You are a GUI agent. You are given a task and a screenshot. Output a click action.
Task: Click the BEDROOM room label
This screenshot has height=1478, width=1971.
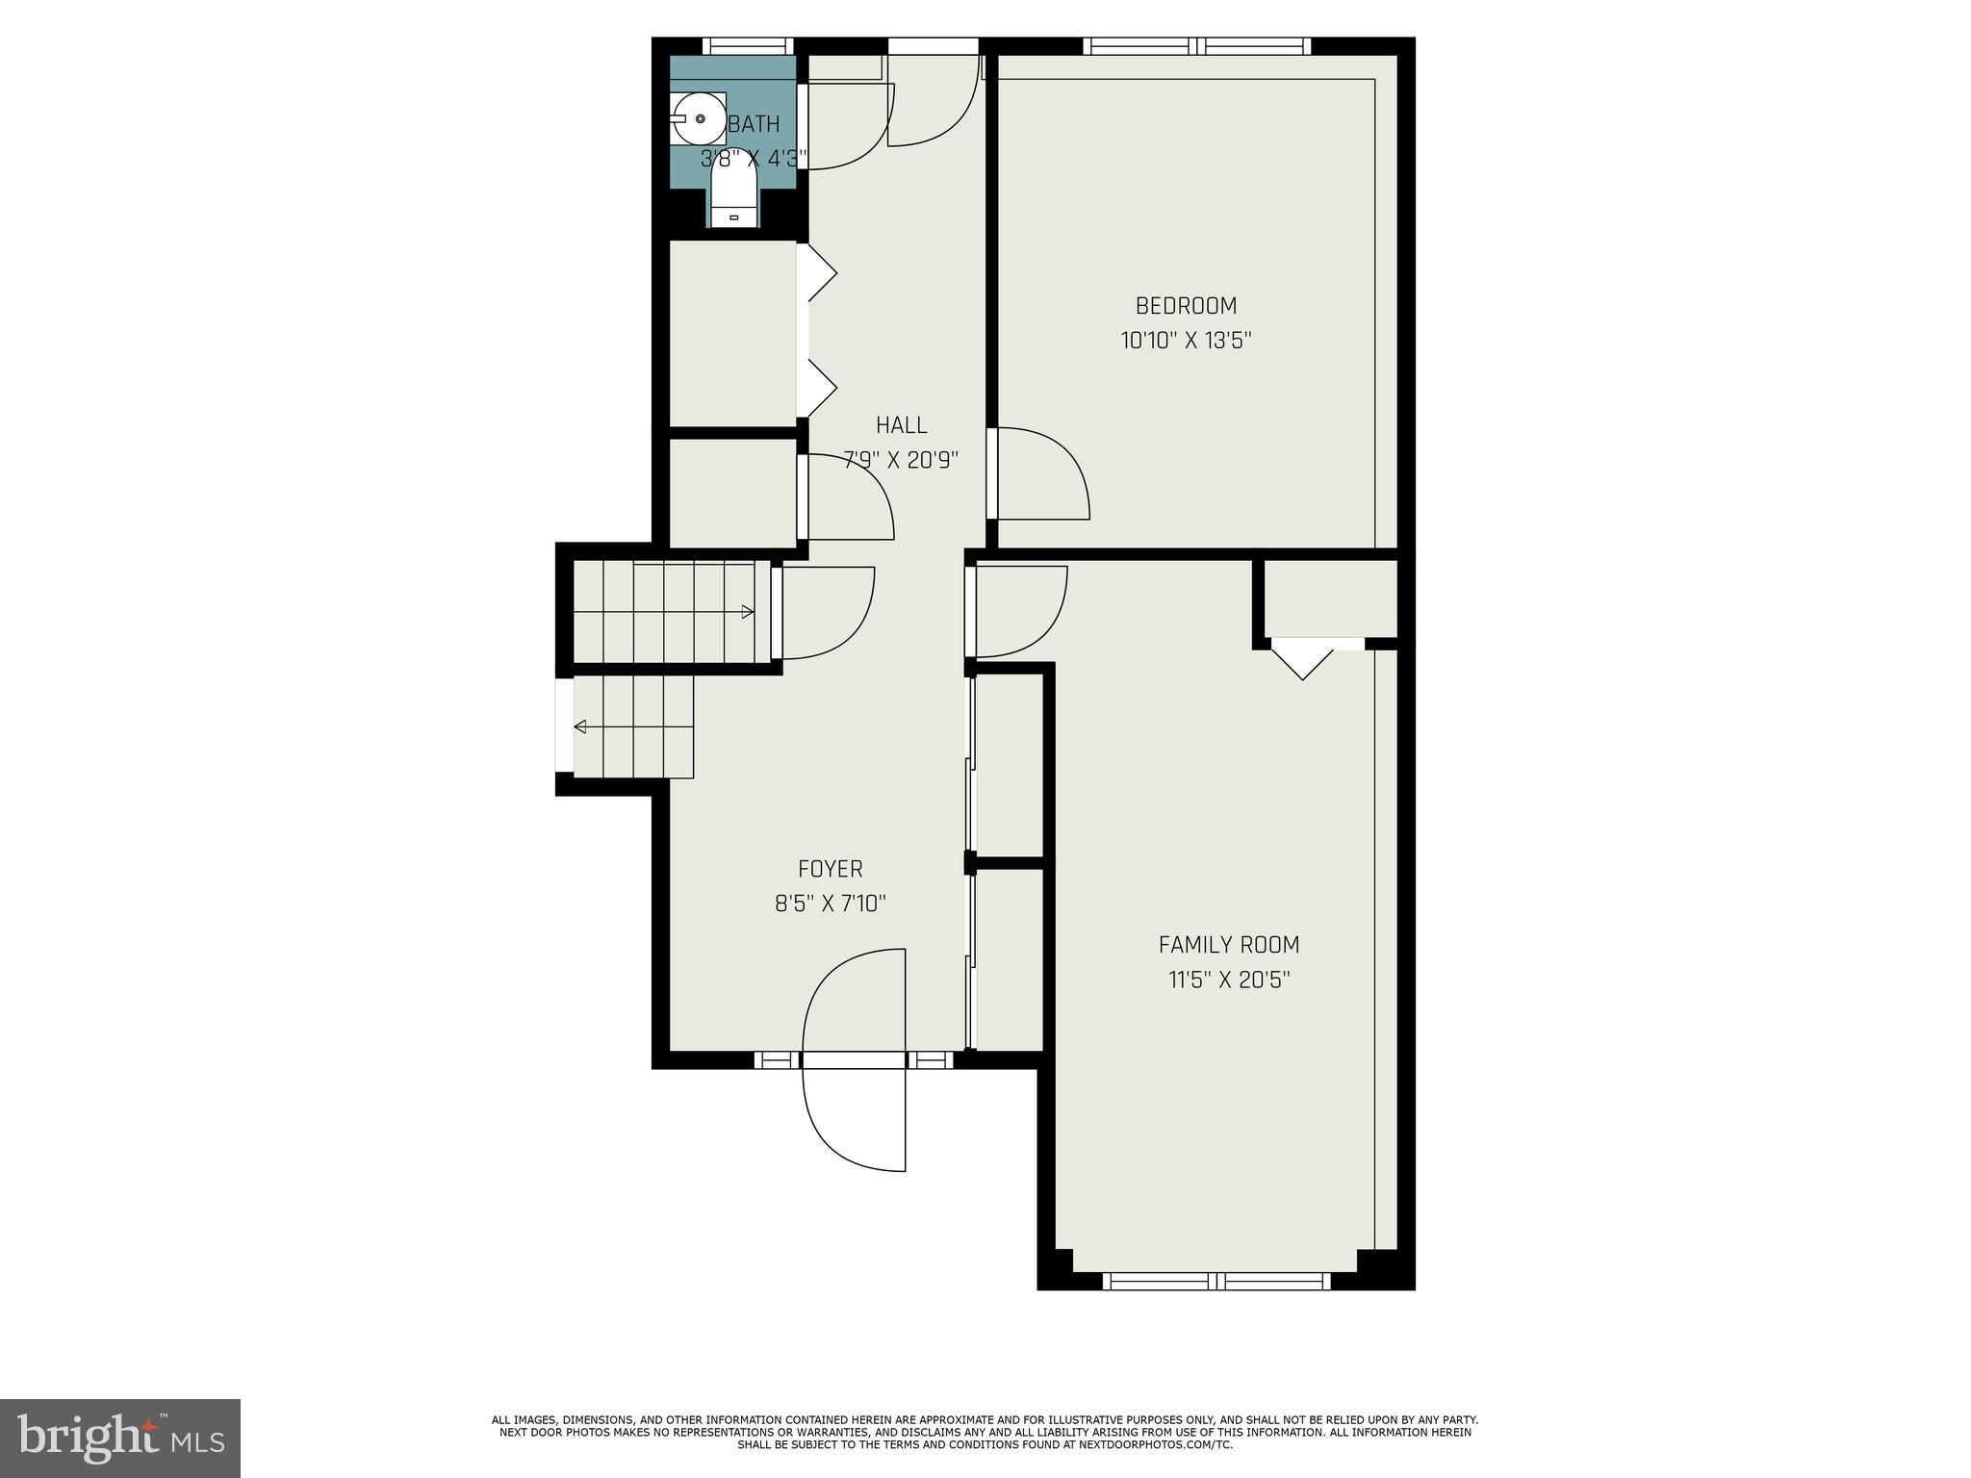(x=1186, y=306)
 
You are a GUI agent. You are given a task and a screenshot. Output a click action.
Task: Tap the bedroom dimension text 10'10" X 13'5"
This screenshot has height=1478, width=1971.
(x=1186, y=341)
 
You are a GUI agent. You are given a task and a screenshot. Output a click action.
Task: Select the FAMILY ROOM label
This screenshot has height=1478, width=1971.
(x=1228, y=945)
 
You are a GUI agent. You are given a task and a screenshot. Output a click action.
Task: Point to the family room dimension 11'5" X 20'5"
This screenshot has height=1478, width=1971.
(x=1228, y=981)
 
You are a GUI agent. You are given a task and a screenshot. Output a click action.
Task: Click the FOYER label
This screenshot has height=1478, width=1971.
(x=830, y=869)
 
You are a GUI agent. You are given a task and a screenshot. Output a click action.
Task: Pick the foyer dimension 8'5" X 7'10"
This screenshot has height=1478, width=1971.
(x=830, y=904)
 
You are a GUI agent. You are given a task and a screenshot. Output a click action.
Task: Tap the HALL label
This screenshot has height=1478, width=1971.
(x=901, y=425)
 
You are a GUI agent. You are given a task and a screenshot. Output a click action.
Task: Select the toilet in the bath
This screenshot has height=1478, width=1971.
(x=733, y=192)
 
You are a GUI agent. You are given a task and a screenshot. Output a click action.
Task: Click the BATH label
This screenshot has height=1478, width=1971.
(x=754, y=124)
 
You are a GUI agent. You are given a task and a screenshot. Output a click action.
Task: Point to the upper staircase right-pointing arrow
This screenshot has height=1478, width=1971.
(x=747, y=612)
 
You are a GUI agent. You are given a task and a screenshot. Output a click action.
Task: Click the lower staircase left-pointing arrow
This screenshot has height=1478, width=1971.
(x=580, y=726)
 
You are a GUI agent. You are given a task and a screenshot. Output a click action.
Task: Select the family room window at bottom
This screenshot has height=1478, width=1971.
(x=1216, y=1281)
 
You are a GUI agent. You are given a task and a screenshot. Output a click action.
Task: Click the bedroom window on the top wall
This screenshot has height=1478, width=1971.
(x=1196, y=46)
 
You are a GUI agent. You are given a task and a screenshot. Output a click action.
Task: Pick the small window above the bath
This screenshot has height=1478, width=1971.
(x=747, y=46)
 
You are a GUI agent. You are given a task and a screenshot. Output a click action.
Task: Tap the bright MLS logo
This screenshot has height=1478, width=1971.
(x=119, y=1438)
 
